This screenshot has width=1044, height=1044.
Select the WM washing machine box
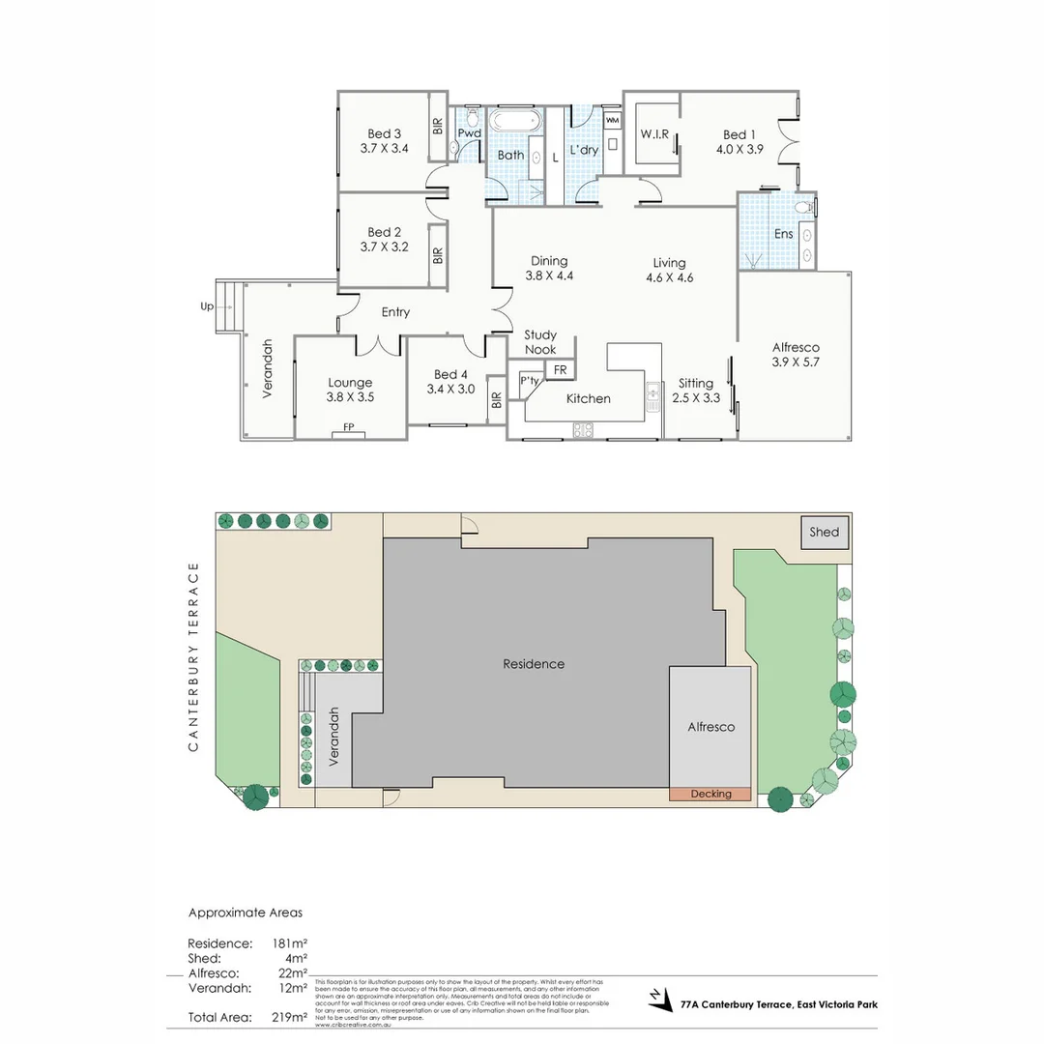[x=612, y=120]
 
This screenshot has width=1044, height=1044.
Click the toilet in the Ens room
[x=802, y=208]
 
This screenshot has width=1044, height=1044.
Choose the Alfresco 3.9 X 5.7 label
[x=795, y=355]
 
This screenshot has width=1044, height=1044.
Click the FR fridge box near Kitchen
[x=560, y=369]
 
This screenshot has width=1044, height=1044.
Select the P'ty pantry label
[x=529, y=380]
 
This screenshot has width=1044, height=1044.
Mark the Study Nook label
[x=540, y=342]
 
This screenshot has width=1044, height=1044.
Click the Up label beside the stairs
[x=206, y=305]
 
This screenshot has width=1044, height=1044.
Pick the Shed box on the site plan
[x=825, y=533]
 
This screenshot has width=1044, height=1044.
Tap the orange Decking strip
[x=710, y=794]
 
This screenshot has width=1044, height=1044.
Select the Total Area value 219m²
[x=289, y=1017]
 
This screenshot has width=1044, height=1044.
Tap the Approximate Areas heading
[x=245, y=912]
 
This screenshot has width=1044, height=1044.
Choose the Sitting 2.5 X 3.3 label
[x=695, y=390]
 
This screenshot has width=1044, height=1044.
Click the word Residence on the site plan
[x=533, y=664]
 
